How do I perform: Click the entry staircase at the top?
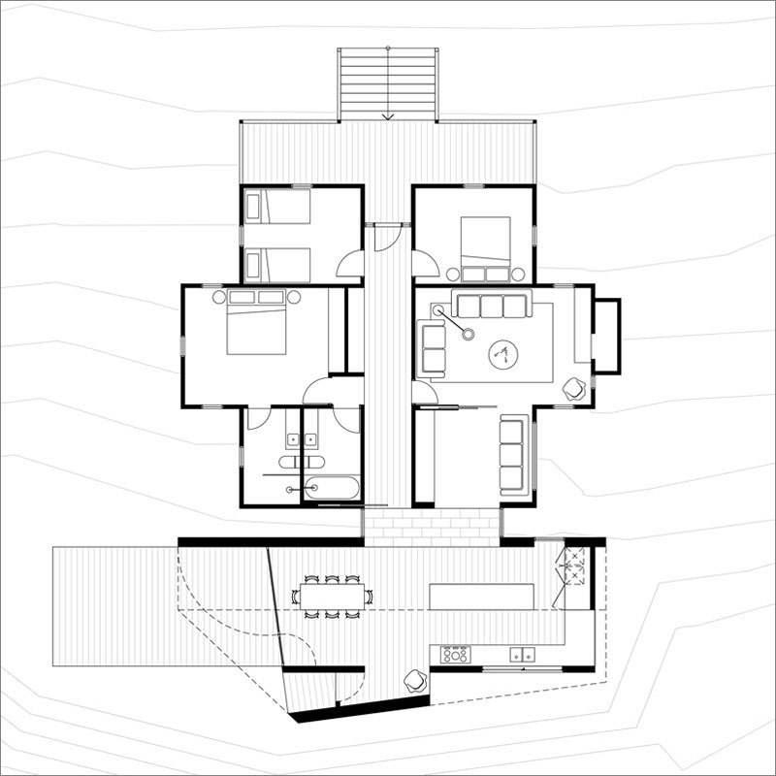(x=387, y=83)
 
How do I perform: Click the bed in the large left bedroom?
(x=257, y=324)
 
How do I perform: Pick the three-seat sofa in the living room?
(x=492, y=306)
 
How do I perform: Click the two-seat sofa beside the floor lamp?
(x=432, y=348)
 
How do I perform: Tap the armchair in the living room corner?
(x=575, y=388)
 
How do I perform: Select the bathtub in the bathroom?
(x=332, y=488)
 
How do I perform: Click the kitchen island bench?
(x=482, y=596)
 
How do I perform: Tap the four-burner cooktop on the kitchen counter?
(x=456, y=655)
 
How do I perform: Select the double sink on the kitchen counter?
(x=522, y=655)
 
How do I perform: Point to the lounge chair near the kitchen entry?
(x=414, y=681)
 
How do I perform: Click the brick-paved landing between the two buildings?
(x=432, y=526)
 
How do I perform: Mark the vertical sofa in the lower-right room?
(x=513, y=454)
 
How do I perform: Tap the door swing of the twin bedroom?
(x=351, y=264)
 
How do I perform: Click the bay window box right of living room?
(x=606, y=336)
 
